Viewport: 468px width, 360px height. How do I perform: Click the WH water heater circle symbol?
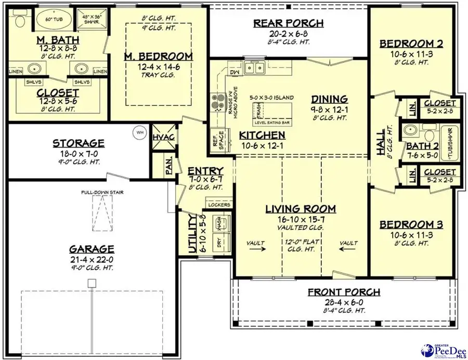[139, 131]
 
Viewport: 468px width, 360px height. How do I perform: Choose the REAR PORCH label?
[288, 23]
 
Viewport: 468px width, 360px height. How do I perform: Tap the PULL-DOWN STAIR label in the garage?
[101, 192]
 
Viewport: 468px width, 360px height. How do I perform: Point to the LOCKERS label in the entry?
[219, 205]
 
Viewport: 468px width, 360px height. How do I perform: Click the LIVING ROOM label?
[301, 209]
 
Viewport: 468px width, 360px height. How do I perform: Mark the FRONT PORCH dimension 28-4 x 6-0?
[343, 301]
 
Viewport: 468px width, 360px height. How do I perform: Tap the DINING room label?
[329, 99]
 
